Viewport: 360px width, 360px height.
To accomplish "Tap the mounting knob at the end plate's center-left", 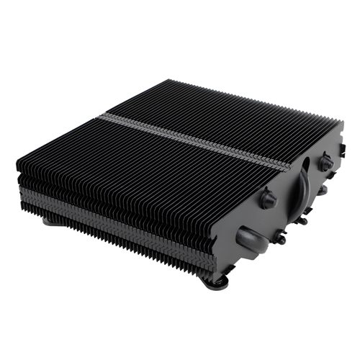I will click(268, 199).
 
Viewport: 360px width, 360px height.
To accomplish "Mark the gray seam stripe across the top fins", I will click(194, 137).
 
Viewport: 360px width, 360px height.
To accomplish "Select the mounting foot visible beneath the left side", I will click(54, 220).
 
